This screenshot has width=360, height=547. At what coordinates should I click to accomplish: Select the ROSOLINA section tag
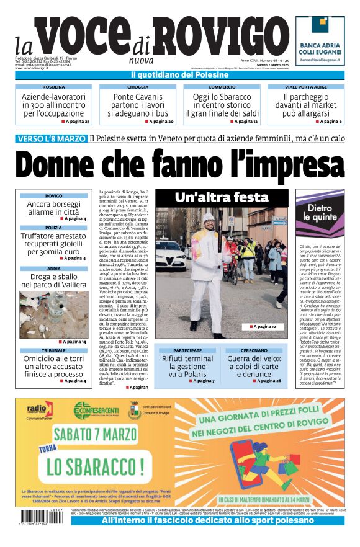pyautogui.click(x=53, y=87)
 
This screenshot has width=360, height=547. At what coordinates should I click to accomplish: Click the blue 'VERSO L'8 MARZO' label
pyautogui.click(x=51, y=139)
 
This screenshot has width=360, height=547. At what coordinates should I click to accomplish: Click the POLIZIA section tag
pyautogui.click(x=53, y=228)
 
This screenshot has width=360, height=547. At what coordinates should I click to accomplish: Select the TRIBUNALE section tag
pyautogui.click(x=53, y=350)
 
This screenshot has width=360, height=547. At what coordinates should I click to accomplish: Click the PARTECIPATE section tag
pyautogui.click(x=187, y=350)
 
